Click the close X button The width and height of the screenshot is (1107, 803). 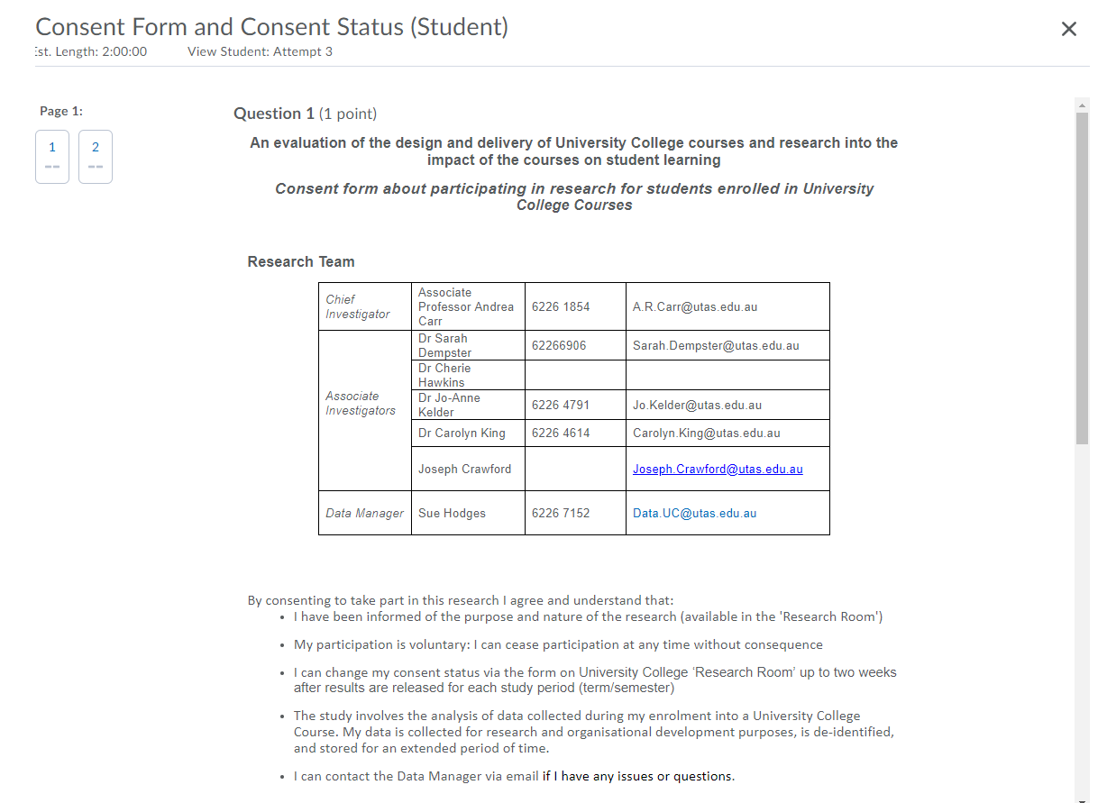click(x=1069, y=29)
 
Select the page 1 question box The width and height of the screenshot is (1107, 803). click(x=52, y=156)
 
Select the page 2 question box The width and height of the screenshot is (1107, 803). click(x=96, y=156)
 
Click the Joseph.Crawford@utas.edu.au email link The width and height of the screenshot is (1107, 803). click(x=718, y=469)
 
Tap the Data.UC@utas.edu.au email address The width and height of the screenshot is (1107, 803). click(x=694, y=513)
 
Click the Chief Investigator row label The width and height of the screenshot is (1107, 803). click(x=358, y=306)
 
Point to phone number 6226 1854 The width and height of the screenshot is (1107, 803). click(x=561, y=306)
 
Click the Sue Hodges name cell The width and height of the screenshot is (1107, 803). click(x=452, y=513)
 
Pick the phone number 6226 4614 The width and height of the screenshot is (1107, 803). click(x=561, y=433)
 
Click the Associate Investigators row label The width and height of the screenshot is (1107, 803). click(x=361, y=403)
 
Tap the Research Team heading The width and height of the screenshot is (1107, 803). click(x=301, y=261)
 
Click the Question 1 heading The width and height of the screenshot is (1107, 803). click(x=274, y=114)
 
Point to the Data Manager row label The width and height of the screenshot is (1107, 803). click(x=364, y=513)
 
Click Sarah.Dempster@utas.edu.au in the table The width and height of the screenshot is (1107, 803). click(x=716, y=345)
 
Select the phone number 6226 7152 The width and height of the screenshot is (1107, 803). click(x=561, y=513)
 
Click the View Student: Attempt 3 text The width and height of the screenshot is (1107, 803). click(x=260, y=51)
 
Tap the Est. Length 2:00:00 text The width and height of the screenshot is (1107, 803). click(x=90, y=51)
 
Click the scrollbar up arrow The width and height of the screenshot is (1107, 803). click(x=1083, y=105)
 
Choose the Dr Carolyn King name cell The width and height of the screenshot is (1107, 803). click(x=462, y=433)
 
